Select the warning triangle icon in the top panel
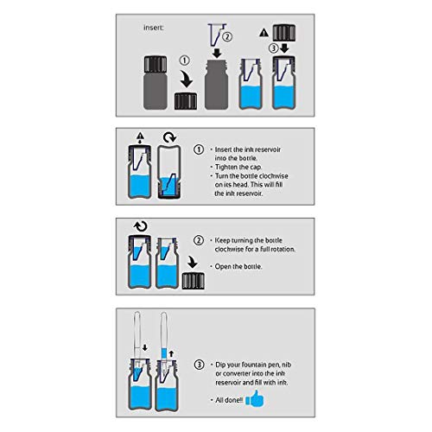point(264,32)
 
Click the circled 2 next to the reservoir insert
point(227,36)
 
